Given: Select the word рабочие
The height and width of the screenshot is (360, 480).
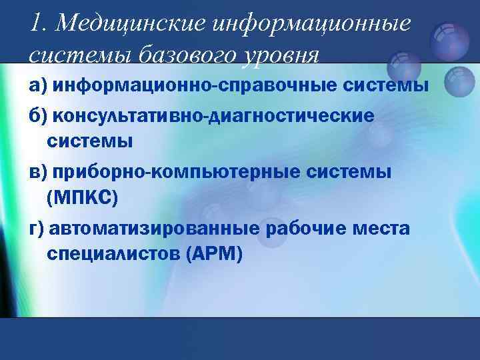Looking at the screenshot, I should (x=307, y=229).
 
